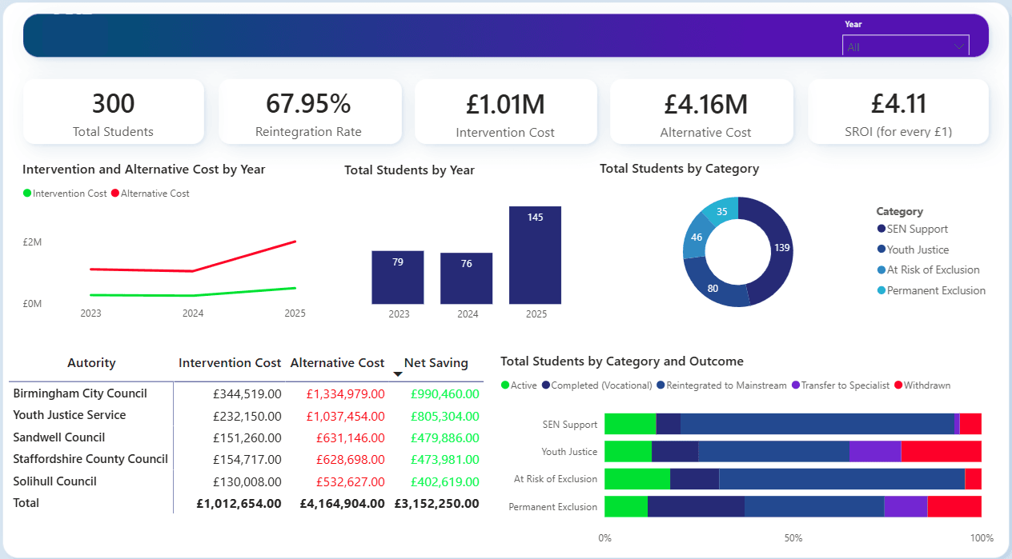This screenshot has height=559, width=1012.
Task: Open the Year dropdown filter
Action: [x=905, y=46]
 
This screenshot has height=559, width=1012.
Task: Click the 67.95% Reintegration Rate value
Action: [x=308, y=104]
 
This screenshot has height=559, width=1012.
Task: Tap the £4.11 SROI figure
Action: [x=898, y=104]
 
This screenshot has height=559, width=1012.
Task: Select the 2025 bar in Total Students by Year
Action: [x=535, y=255]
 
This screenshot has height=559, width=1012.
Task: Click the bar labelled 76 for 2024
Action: [x=466, y=278]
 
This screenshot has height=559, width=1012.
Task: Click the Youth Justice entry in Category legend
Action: [x=918, y=250]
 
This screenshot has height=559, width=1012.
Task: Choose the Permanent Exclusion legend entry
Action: [x=936, y=290]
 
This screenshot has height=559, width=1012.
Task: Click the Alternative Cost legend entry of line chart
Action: [x=155, y=194]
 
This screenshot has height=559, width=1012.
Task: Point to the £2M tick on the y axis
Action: [x=32, y=242]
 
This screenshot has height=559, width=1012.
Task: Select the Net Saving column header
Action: [x=436, y=363]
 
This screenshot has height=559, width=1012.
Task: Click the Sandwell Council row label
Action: [x=59, y=437]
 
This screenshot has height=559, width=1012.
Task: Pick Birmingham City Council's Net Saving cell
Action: [x=444, y=394]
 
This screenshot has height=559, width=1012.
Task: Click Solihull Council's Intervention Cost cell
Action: [x=247, y=482]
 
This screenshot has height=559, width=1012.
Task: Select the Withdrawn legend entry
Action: [x=926, y=385]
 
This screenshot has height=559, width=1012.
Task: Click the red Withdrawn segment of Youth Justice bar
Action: [x=941, y=452]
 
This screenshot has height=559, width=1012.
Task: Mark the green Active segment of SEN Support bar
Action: [x=630, y=424]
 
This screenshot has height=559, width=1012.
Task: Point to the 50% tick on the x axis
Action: [x=793, y=538]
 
